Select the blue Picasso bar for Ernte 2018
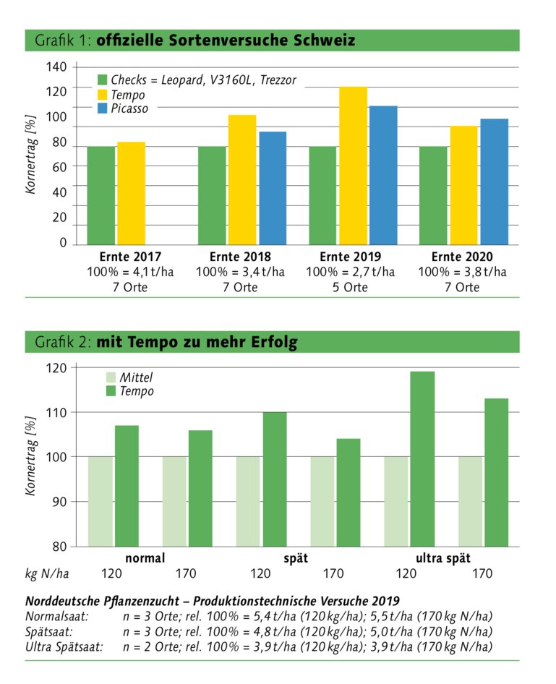(273, 188)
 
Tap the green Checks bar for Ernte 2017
(100, 195)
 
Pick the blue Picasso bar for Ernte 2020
(495, 181)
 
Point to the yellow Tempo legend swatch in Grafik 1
(102, 95)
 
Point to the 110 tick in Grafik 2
(58, 412)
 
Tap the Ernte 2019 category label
(350, 257)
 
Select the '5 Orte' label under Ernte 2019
(350, 287)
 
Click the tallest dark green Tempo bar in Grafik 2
(423, 458)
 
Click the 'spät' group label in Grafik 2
(295, 558)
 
